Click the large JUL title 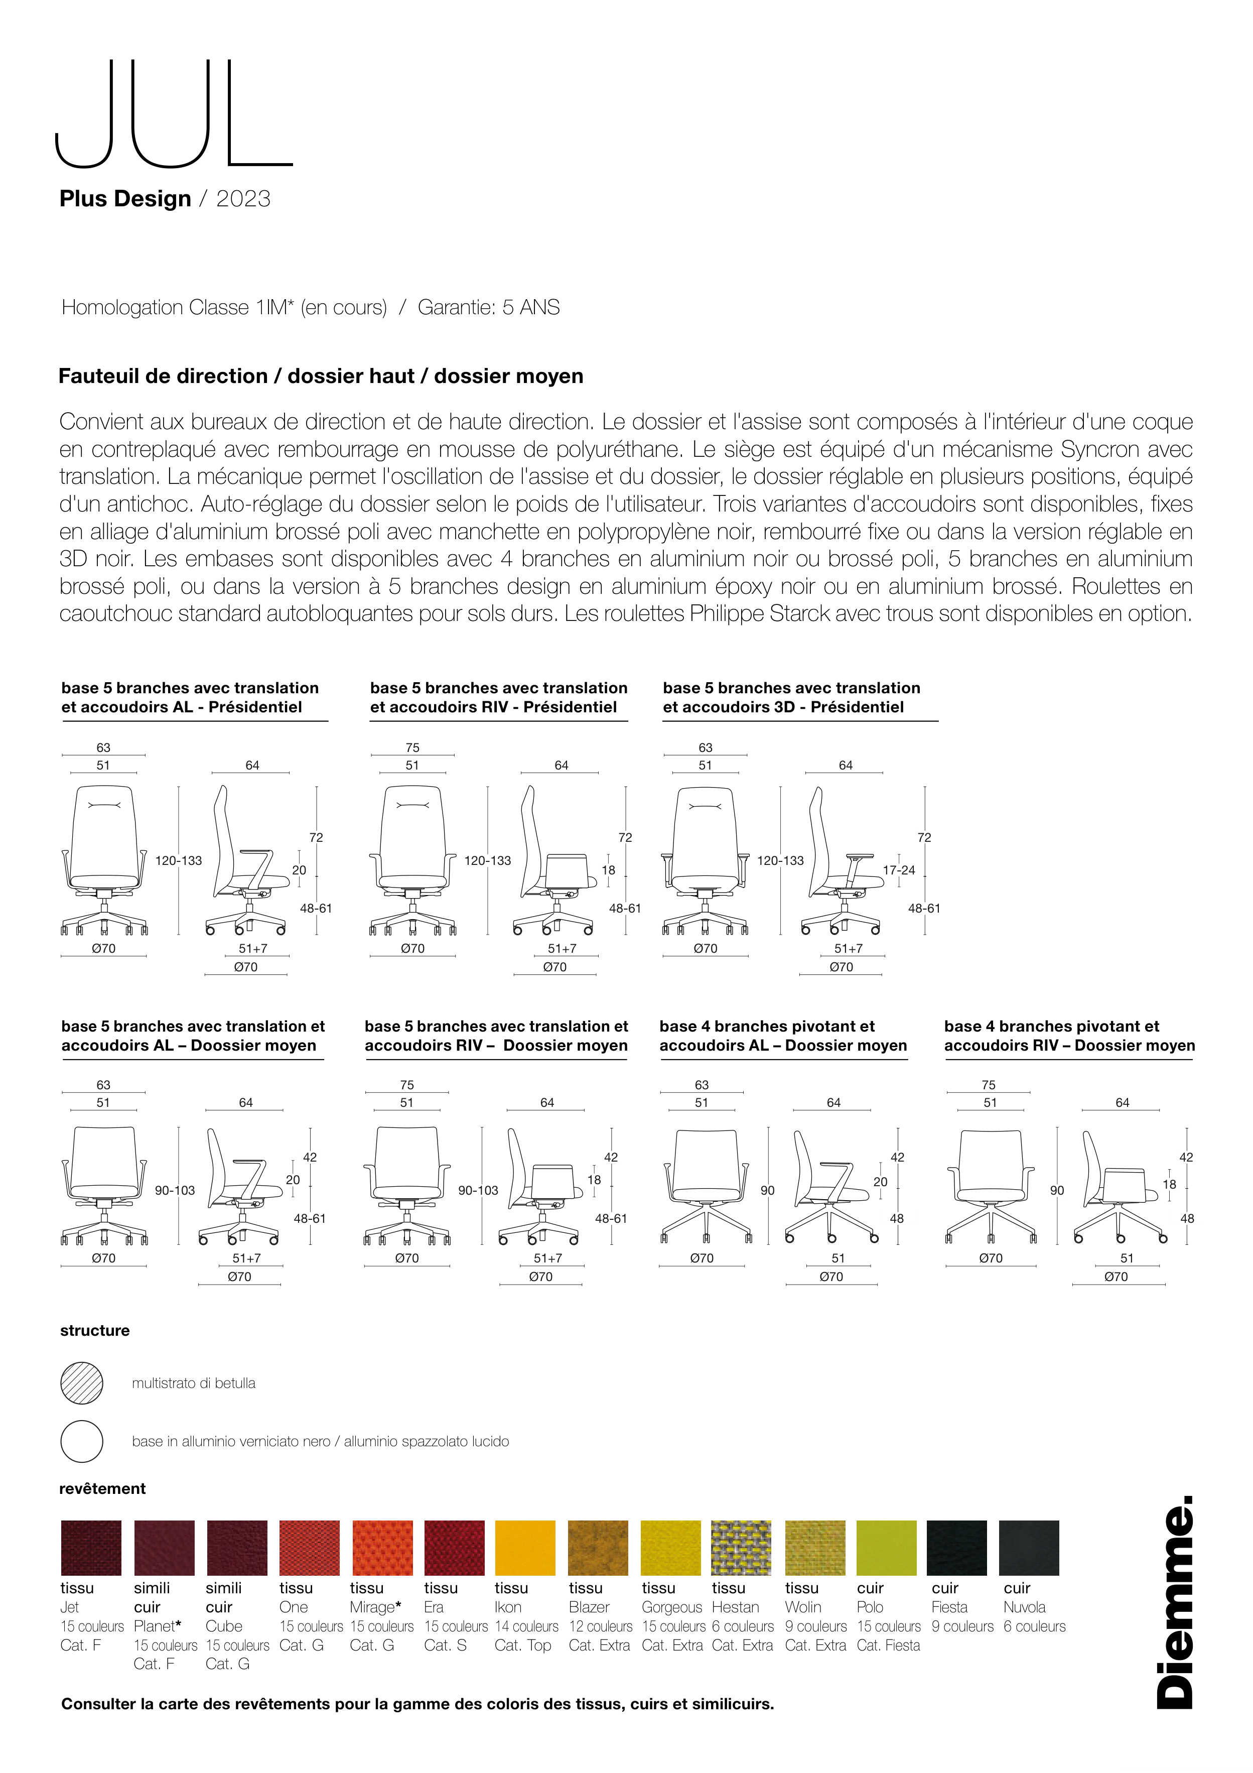click(174, 113)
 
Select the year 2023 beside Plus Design click(243, 199)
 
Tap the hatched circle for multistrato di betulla click(82, 1383)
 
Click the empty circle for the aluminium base click(82, 1441)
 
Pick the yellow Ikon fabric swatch click(525, 1548)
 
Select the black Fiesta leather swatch click(956, 1548)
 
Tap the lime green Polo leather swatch click(886, 1548)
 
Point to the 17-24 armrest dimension click(899, 870)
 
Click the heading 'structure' click(95, 1331)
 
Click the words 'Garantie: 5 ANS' click(489, 307)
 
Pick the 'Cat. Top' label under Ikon click(523, 1645)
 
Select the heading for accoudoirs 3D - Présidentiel click(791, 697)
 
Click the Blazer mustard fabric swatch click(598, 1548)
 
